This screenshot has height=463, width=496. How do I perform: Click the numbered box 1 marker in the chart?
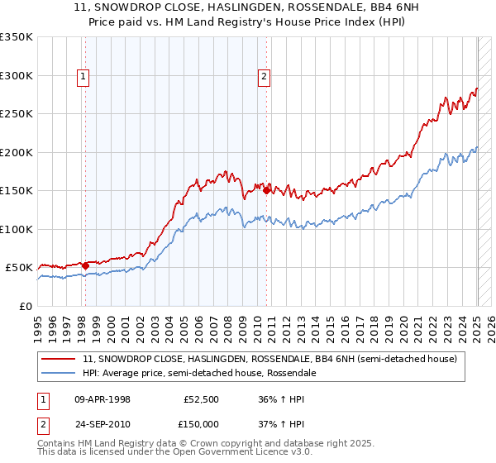tap(83, 78)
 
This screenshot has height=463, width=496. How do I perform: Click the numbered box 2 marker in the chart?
tap(264, 78)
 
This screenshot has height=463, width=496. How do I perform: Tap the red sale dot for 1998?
tap(85, 265)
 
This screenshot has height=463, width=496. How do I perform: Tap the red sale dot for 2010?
tap(267, 190)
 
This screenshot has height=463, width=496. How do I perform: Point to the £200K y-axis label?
tap(17, 152)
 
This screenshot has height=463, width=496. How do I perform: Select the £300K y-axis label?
tap(17, 75)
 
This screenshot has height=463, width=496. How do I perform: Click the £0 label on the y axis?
tap(26, 306)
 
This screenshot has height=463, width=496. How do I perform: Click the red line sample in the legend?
tap(60, 359)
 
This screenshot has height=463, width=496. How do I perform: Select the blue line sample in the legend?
tap(60, 373)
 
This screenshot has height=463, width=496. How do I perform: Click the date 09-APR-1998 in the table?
tap(104, 399)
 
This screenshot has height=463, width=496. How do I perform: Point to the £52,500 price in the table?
tap(199, 399)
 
